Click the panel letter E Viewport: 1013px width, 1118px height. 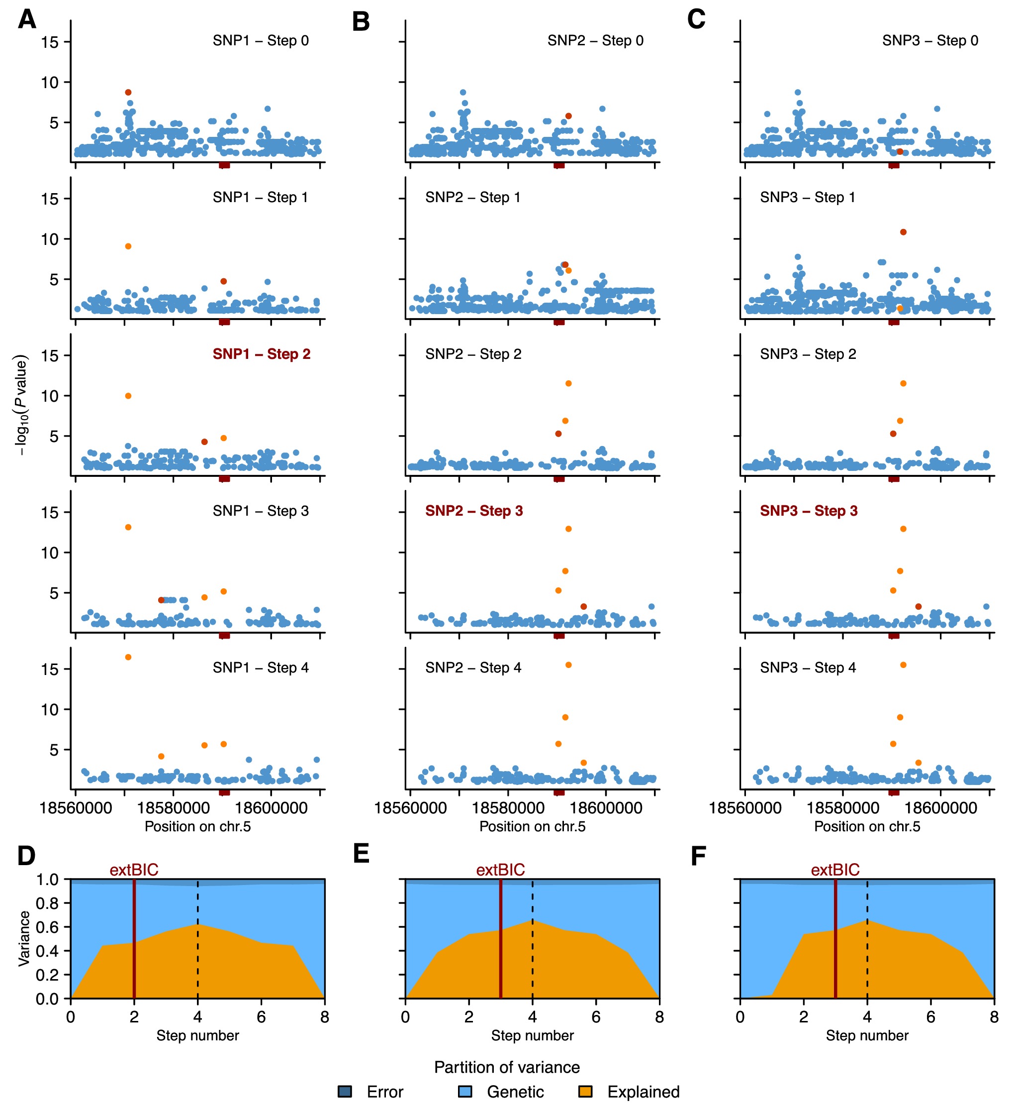tap(362, 854)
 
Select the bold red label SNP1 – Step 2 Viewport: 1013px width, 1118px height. tap(261, 354)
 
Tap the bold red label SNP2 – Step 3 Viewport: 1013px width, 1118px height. tap(474, 511)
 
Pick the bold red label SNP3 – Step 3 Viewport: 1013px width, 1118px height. tap(809, 511)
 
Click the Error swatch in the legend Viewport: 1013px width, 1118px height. tap(345, 1092)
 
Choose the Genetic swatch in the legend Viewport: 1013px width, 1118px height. tap(465, 1092)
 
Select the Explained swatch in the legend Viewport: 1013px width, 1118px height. tap(585, 1092)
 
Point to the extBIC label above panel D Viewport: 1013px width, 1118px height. tap(134, 870)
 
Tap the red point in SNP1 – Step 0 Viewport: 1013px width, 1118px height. tap(128, 93)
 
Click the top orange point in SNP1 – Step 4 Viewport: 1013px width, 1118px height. tap(128, 657)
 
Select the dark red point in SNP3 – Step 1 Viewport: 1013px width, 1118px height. tap(903, 232)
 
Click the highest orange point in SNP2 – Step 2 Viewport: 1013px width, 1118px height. tap(568, 384)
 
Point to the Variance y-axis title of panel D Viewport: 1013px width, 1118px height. tap(24, 938)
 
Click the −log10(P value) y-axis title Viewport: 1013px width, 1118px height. tap(20, 405)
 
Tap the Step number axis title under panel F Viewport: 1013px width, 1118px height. tap(867, 1035)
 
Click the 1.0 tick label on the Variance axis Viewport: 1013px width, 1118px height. tap(47, 880)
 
